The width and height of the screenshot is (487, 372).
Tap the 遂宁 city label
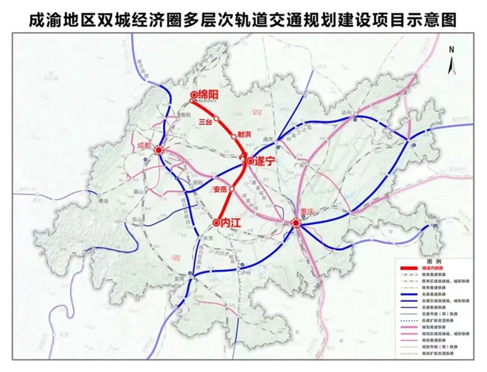[x=266, y=161]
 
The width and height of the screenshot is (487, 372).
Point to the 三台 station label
[x=204, y=120]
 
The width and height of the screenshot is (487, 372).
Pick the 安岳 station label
[x=219, y=188]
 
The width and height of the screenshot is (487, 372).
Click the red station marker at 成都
[x=158, y=151]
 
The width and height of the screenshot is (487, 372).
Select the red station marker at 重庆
[x=296, y=223]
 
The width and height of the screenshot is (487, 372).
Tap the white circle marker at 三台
[x=216, y=118]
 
